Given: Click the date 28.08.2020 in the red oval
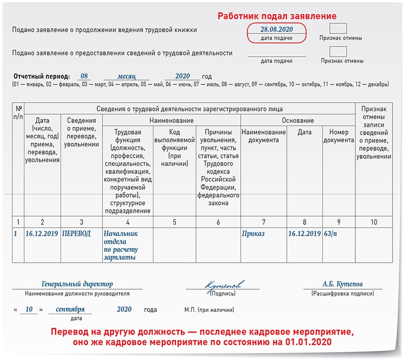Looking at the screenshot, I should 276,29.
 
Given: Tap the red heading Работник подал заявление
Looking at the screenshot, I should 277,16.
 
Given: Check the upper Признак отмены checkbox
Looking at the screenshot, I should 339,29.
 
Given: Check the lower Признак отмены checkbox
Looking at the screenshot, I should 339,52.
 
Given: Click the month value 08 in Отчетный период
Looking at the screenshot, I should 83,76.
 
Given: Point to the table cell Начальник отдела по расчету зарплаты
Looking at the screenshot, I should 121,245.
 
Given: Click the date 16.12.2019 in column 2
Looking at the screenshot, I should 43,234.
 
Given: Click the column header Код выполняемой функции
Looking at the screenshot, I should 174,144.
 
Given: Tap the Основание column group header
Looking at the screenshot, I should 298,121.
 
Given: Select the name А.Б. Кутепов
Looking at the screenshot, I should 343,284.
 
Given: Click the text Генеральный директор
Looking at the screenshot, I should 77,284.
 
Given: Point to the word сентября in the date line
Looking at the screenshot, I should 70,310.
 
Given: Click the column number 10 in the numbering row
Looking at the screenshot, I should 373,222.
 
